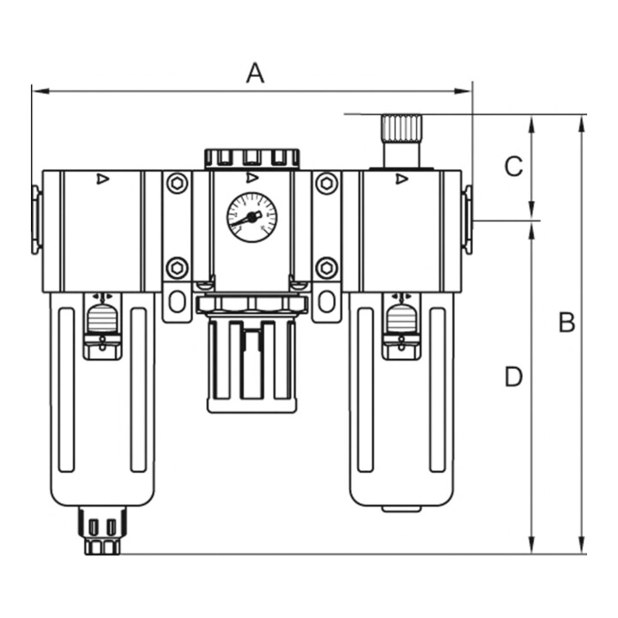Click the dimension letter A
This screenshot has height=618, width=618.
[x=255, y=73]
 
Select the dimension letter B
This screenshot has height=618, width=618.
[x=566, y=322]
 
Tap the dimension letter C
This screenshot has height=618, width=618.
[x=513, y=167]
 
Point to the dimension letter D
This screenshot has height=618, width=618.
[x=513, y=377]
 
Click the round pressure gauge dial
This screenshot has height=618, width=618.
[x=251, y=217]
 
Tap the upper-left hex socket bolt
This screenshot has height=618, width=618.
[x=177, y=184]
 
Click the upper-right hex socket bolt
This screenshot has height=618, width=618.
[x=327, y=184]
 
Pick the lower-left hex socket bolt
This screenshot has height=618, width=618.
[x=177, y=268]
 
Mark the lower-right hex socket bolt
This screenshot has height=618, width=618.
[x=327, y=268]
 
